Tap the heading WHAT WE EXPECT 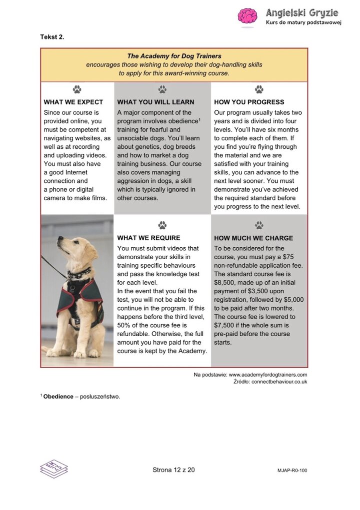[x=73, y=102]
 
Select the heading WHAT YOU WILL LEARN [x=155, y=102]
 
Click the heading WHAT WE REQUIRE [x=148, y=238]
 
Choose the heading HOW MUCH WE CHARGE [x=253, y=238]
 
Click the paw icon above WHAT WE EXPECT [x=76, y=89]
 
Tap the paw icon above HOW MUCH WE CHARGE [x=259, y=225]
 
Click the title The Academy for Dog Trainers [x=174, y=56]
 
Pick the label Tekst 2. [x=52, y=37]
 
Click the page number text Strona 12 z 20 [x=173, y=470]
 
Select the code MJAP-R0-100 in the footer [x=292, y=471]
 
